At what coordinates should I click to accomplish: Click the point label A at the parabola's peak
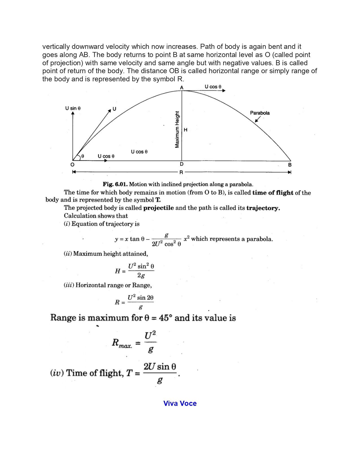click(182, 88)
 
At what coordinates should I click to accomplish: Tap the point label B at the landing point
click(290, 165)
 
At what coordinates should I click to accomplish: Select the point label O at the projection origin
click(73, 165)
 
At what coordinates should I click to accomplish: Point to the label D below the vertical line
click(182, 164)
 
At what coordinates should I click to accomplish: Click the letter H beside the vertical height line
click(186, 130)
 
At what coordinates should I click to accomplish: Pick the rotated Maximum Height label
click(177, 129)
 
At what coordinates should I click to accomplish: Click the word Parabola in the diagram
click(260, 113)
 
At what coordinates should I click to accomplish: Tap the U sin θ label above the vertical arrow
click(73, 108)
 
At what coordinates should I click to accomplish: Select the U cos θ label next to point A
click(213, 87)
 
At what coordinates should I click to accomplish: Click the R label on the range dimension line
click(181, 172)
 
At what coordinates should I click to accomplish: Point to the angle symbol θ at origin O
click(82, 156)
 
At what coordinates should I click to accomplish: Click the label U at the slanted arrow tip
click(114, 109)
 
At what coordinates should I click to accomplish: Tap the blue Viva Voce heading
click(180, 403)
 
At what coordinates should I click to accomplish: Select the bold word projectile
click(158, 208)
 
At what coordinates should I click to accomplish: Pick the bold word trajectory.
click(263, 208)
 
